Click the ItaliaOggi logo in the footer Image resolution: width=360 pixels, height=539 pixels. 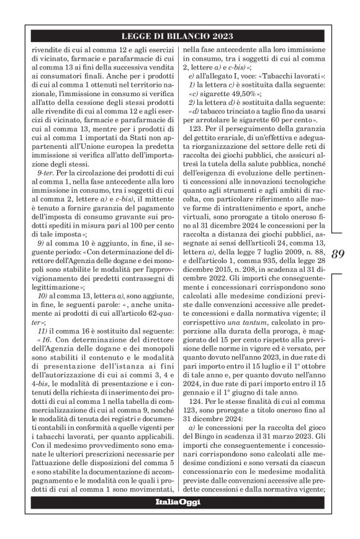pos(180,501)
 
